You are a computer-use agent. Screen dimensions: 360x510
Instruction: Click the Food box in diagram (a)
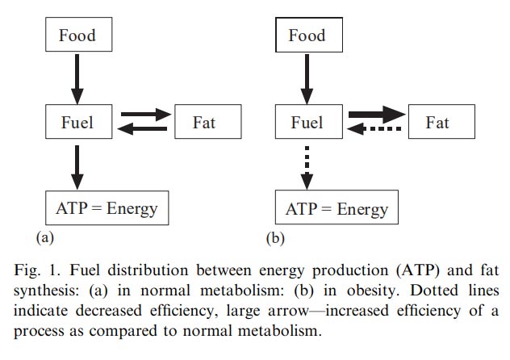77,35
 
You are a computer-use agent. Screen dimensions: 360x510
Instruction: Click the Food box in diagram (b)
307,35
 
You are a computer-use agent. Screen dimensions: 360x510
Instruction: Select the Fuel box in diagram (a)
77,123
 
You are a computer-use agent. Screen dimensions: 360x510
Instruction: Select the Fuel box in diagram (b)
307,123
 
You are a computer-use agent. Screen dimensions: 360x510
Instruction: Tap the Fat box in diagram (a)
205,123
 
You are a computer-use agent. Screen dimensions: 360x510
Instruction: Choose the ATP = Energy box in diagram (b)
337,210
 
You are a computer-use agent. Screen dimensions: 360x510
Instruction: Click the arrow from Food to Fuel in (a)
77,79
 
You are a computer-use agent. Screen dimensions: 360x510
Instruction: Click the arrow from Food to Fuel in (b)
307,79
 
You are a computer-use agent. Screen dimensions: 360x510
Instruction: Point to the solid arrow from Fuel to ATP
77,166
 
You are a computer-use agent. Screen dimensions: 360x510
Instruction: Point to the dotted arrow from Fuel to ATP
307,166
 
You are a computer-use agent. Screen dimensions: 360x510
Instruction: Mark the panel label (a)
46,238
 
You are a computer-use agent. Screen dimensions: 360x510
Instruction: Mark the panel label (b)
276,238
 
